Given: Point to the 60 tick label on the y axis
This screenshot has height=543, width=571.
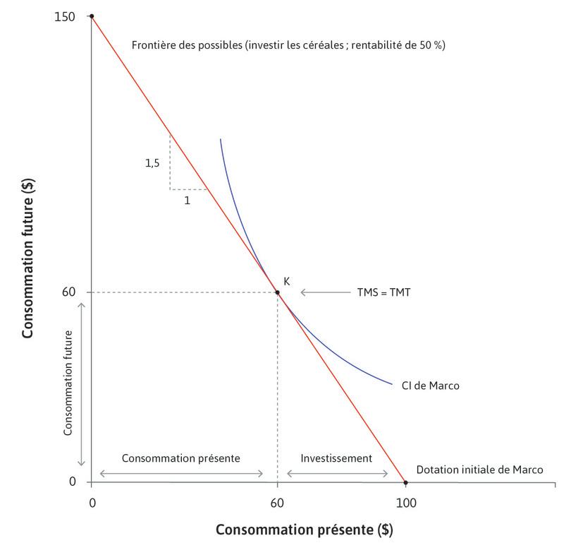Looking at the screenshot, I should [x=69, y=292].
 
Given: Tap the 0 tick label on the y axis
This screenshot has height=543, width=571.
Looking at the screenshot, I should [x=72, y=482].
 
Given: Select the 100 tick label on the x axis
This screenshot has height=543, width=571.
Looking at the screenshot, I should [x=405, y=502].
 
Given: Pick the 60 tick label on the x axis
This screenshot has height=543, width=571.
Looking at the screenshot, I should [x=277, y=502].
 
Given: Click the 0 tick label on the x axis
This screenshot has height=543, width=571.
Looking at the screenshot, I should [x=92, y=502].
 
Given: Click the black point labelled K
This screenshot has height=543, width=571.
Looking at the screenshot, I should [x=277, y=292].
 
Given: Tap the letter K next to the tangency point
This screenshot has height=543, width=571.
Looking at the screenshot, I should [x=287, y=280].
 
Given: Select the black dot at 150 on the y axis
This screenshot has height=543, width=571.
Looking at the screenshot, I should [x=92, y=16].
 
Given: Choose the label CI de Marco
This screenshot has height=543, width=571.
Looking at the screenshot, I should [x=434, y=386].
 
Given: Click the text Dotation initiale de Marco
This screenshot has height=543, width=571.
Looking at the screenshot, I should [x=479, y=470].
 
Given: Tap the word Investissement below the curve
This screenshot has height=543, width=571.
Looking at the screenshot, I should [x=336, y=458].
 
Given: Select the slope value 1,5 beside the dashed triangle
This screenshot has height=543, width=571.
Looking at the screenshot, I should [x=152, y=162].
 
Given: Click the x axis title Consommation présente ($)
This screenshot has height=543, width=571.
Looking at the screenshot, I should [x=303, y=529].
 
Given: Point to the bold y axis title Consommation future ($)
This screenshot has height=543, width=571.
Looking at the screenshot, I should [x=29, y=259].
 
